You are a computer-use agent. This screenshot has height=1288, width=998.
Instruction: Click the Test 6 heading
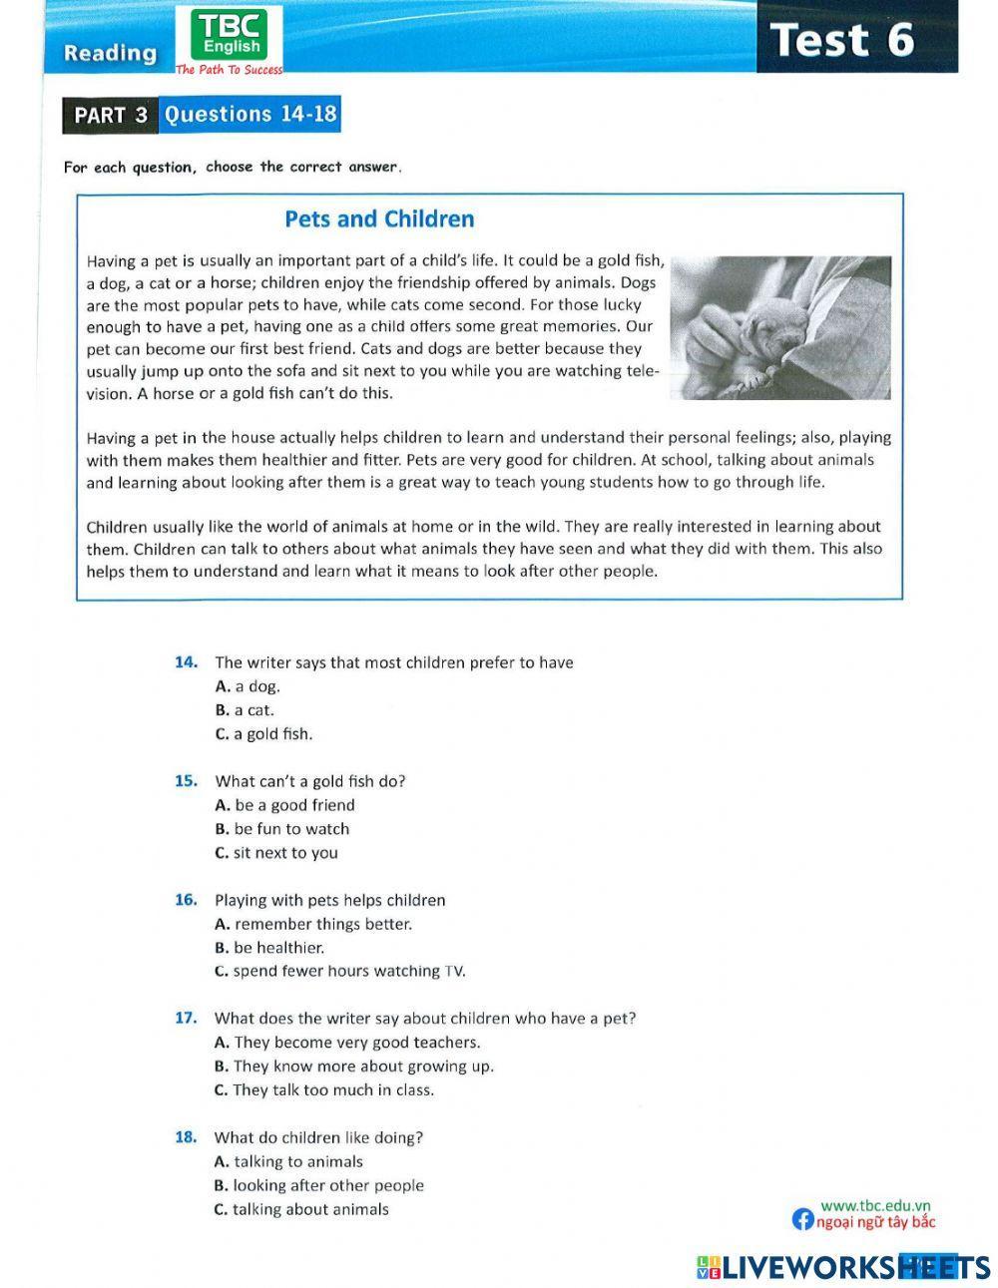pos(843,40)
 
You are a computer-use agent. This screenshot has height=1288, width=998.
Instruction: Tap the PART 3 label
pos(111,115)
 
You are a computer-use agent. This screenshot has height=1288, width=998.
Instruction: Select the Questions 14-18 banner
pos(250,114)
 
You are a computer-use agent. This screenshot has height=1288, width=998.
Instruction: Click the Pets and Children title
pos(379,218)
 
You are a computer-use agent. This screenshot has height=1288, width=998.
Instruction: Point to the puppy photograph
pos(779,327)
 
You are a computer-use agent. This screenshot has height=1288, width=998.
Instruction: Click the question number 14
pos(186,662)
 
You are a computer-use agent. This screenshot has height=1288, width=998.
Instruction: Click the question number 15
pos(186,781)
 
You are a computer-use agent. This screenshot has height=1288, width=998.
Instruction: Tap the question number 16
pos(186,900)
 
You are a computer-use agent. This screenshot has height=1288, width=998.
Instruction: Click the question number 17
pos(186,1019)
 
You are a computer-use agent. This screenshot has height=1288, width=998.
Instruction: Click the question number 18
pos(186,1137)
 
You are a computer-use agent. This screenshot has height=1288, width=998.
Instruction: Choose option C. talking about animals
pos(301,1209)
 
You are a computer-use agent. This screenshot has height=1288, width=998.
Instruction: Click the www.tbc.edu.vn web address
pos(875,1204)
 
